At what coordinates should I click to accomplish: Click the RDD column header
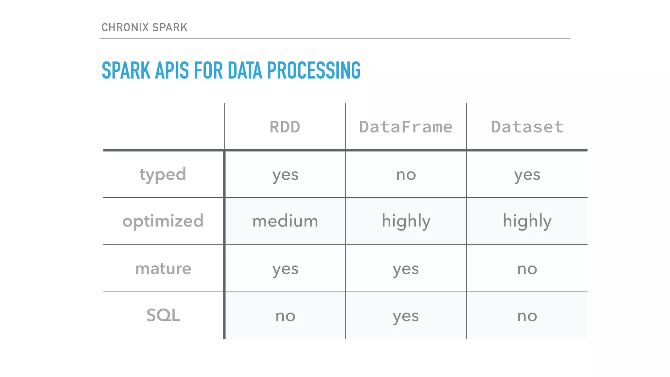tap(285, 127)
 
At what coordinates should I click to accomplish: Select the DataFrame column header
tap(406, 127)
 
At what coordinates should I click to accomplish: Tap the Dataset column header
tap(527, 127)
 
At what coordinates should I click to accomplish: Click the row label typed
tap(163, 174)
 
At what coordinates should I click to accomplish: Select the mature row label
tap(163, 269)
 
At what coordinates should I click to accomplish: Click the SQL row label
tap(163, 315)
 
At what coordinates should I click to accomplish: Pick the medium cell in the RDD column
tap(285, 221)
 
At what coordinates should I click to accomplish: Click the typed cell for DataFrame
tap(406, 175)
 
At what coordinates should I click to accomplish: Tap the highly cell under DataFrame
tap(406, 221)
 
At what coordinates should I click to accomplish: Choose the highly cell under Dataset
tap(527, 221)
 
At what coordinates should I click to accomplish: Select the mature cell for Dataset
tap(527, 269)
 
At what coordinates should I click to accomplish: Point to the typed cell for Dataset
tap(527, 175)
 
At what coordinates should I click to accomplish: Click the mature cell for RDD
tap(285, 269)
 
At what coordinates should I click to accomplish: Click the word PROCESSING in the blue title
tap(314, 70)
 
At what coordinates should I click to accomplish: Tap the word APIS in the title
tap(172, 70)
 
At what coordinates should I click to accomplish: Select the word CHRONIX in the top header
tap(125, 27)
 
